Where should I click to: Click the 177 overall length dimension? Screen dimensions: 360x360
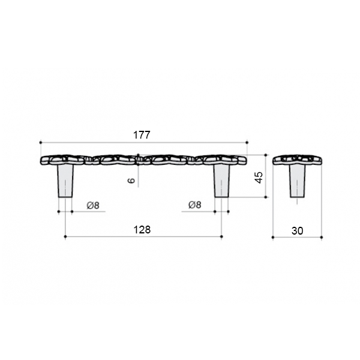pyautogui.click(x=142, y=135)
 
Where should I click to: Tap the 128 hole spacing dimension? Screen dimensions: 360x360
pyautogui.click(x=142, y=230)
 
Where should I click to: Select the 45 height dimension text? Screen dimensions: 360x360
pyautogui.click(x=259, y=178)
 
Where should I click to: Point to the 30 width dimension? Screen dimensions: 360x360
pyautogui.click(x=298, y=231)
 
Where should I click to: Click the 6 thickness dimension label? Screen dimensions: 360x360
pyautogui.click(x=131, y=181)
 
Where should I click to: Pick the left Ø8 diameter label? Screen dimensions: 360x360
pyautogui.click(x=93, y=205)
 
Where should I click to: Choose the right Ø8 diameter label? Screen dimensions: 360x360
pyautogui.click(x=194, y=205)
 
